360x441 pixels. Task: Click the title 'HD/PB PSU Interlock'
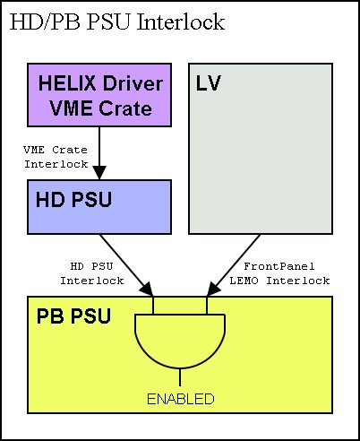click(x=117, y=22)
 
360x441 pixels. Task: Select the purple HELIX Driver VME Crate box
click(x=99, y=95)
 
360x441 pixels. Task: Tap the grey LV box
click(x=261, y=149)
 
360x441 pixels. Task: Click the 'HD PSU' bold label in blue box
click(x=73, y=200)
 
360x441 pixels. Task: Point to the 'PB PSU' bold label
click(x=73, y=316)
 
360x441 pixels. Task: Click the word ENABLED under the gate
click(x=181, y=399)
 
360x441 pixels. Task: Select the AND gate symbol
click(x=180, y=342)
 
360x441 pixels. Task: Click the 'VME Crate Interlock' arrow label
click(x=56, y=157)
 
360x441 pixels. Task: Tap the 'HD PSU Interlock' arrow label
click(x=92, y=273)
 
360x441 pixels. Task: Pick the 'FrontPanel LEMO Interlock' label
click(x=279, y=273)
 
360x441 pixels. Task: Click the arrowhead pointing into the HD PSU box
click(x=99, y=173)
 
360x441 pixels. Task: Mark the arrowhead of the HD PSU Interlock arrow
click(x=147, y=290)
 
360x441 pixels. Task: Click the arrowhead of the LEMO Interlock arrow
click(x=213, y=290)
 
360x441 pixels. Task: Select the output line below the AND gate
click(x=180, y=377)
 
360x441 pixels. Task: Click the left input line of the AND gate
click(x=153, y=305)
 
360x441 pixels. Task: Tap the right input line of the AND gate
click(x=207, y=305)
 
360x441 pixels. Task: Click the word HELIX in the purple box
click(x=67, y=83)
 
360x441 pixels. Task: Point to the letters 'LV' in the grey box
click(x=209, y=83)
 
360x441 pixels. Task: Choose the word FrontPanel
click(x=279, y=266)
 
